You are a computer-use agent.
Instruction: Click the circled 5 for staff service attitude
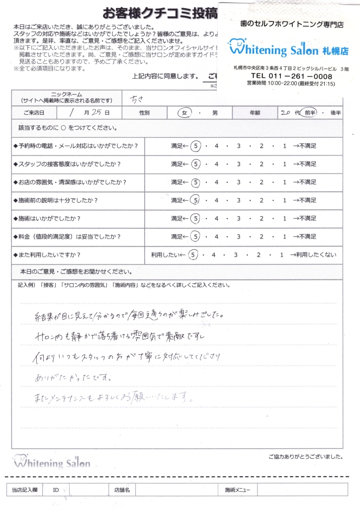point(196,164)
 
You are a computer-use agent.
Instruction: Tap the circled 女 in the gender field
point(184,113)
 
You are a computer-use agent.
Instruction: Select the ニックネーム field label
point(67,94)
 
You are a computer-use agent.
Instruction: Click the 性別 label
point(145,113)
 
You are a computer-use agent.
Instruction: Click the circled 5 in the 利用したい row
point(194,255)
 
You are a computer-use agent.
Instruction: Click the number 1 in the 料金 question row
point(284,237)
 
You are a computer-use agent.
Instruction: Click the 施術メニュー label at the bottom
point(238,490)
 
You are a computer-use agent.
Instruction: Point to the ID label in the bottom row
point(56,490)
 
